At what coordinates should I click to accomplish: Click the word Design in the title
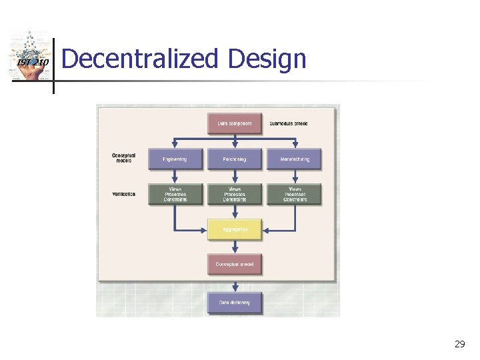(x=267, y=60)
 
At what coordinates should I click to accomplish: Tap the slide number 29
(x=459, y=344)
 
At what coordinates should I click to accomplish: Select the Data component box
(x=234, y=124)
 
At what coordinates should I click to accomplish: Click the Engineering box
(x=174, y=159)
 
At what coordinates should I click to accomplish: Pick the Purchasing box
(x=234, y=159)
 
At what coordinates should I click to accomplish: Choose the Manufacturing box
(x=294, y=159)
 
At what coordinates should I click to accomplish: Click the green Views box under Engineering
(x=174, y=194)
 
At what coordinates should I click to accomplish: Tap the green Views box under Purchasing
(x=234, y=194)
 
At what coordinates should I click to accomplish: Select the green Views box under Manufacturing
(x=294, y=194)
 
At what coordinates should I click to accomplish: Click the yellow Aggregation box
(x=234, y=229)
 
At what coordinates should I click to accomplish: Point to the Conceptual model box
(x=234, y=264)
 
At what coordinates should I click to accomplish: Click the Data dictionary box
(x=234, y=303)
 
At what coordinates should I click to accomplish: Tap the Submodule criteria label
(x=289, y=124)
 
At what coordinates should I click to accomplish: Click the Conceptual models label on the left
(x=123, y=158)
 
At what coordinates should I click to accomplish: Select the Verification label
(x=123, y=194)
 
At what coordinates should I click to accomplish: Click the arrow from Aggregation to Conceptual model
(x=234, y=247)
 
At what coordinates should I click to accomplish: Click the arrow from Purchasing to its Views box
(x=234, y=176)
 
